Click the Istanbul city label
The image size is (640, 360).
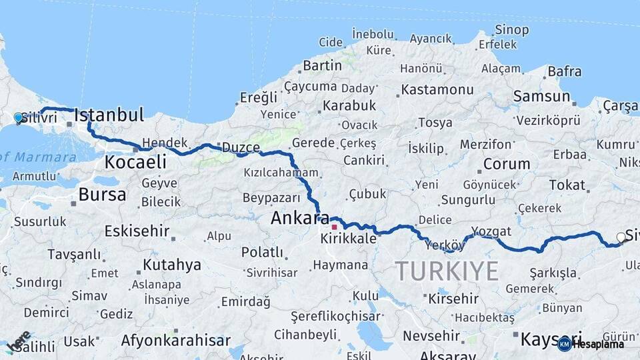tap(109, 115)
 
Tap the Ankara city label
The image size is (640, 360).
tap(295, 218)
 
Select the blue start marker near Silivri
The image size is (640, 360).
tap(18, 117)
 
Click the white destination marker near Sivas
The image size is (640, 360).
tap(621, 237)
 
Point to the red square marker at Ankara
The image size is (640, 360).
tap(334, 227)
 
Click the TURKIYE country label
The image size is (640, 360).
tap(447, 271)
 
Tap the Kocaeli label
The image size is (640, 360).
tap(135, 162)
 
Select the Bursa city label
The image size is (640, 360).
tap(102, 195)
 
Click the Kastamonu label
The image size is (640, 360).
tap(437, 89)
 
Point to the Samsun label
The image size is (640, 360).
tap(542, 96)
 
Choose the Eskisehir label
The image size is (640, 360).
tap(136, 231)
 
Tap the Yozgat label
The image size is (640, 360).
tap(491, 231)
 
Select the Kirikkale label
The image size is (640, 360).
tap(348, 239)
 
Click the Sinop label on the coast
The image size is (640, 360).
tap(511, 30)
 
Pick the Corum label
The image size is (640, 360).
tap(507, 164)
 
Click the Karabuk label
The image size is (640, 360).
tap(349, 105)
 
